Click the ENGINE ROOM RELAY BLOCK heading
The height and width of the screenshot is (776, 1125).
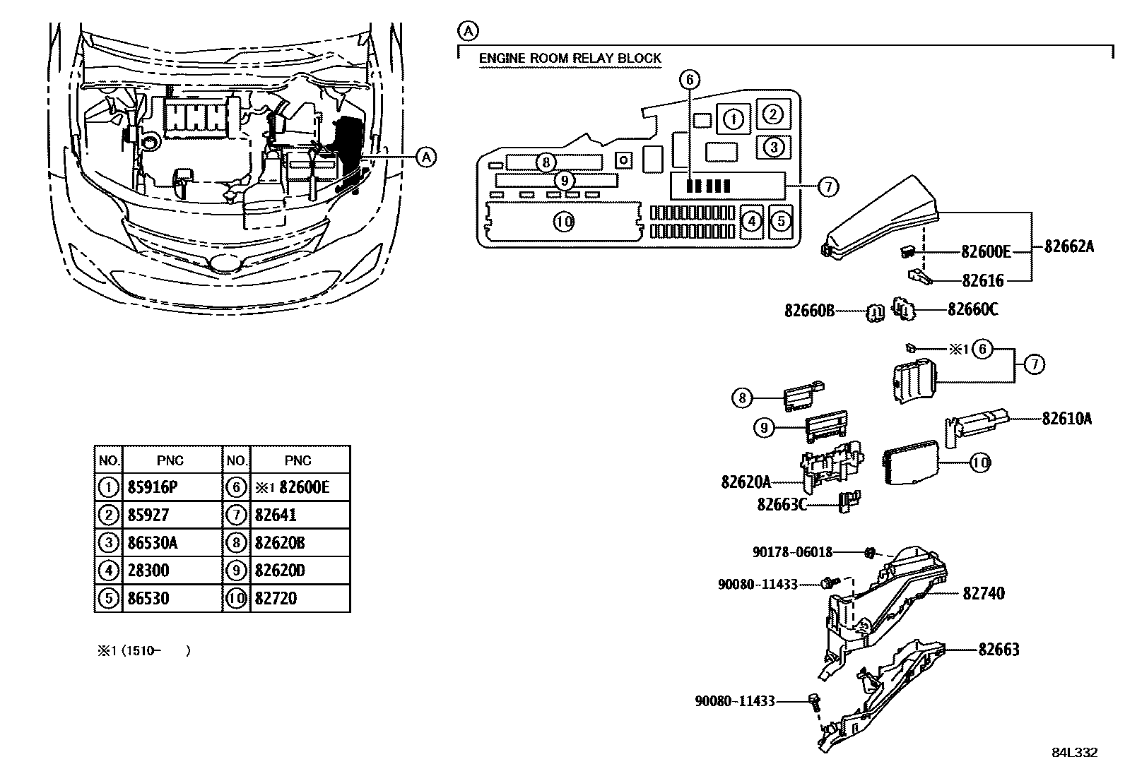(x=570, y=58)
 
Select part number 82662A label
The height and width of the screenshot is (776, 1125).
(x=1068, y=246)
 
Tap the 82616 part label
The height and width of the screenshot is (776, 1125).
(x=982, y=281)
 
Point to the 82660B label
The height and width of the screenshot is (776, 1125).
(x=809, y=310)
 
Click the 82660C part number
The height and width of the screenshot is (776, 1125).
(x=972, y=309)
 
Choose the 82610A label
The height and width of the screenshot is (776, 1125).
(x=1066, y=419)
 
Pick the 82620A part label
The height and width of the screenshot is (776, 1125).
(x=746, y=482)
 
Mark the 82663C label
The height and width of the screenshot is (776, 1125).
(x=782, y=504)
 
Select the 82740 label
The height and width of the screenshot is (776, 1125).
(x=983, y=593)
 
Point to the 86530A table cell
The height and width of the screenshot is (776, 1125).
(x=152, y=543)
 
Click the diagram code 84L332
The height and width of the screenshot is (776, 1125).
(x=1074, y=753)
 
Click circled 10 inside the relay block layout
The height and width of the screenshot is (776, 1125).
(x=563, y=222)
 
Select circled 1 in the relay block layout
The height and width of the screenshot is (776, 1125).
(x=734, y=119)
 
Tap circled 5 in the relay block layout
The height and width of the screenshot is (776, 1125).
(x=780, y=222)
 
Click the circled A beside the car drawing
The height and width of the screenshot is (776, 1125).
(x=425, y=157)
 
